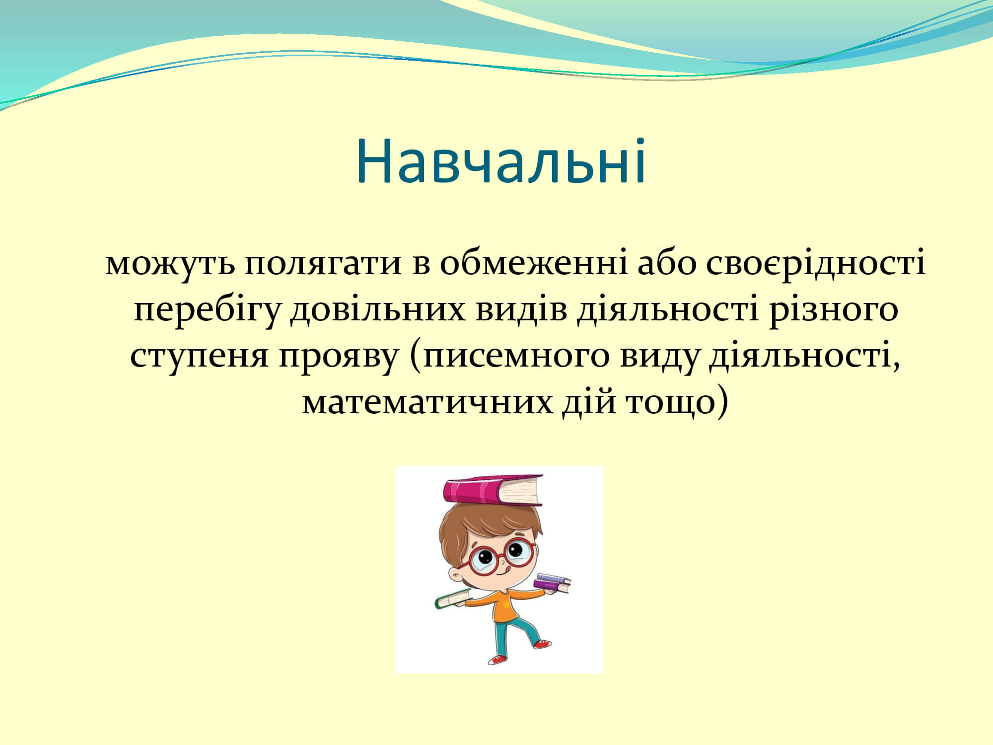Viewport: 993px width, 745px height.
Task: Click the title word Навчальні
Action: point(500,161)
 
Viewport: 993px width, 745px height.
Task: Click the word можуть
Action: point(170,263)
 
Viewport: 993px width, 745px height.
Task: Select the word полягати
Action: point(323,263)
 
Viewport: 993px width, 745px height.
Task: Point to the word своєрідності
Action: point(816,263)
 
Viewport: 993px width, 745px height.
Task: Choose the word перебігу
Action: point(207,309)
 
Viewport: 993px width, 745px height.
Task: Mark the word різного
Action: point(834,309)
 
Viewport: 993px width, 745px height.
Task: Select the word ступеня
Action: point(199,356)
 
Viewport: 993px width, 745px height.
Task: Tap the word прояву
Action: point(339,356)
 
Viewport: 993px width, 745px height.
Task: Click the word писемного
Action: point(516,356)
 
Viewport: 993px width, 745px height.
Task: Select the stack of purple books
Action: point(552,583)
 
